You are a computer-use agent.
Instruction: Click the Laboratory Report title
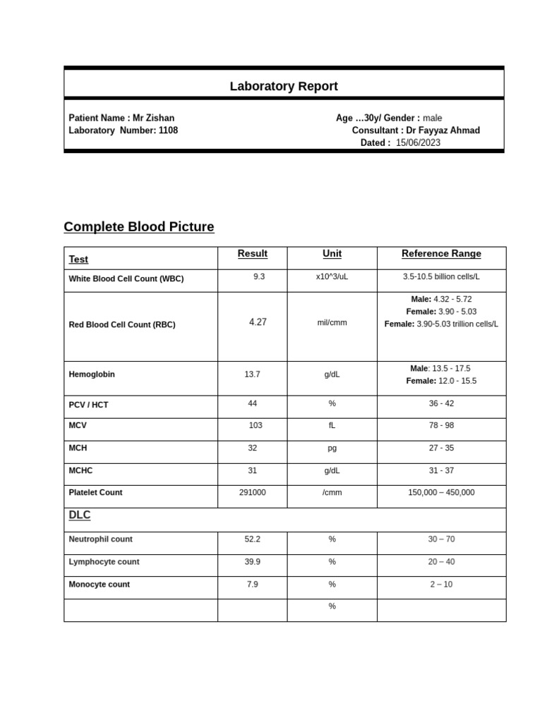coord(284,86)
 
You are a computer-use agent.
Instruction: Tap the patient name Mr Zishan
coord(153,118)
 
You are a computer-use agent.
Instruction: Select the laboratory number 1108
coord(168,130)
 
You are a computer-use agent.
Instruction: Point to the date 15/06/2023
coord(418,142)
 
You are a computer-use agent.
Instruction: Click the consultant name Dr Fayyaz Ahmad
coord(442,130)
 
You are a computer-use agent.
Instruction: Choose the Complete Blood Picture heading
coord(139,226)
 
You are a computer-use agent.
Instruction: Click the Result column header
coord(253,254)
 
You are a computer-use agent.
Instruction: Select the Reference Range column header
coord(441,254)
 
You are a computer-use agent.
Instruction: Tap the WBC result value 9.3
coord(259,277)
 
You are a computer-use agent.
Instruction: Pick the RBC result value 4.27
coord(258,322)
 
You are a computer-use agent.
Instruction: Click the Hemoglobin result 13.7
coord(252,374)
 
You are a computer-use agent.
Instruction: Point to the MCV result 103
coord(255,425)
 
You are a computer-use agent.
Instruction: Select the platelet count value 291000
coord(253,492)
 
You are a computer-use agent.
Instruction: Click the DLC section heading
coord(80,515)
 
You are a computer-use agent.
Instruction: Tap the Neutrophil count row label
coord(100,539)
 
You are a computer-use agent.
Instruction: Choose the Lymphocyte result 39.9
coord(252,562)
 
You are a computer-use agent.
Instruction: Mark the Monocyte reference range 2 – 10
coord(441,585)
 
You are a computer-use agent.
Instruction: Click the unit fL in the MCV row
coord(332,425)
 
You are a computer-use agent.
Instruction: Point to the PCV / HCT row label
coord(88,405)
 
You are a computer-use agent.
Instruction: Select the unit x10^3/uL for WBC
coord(332,277)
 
